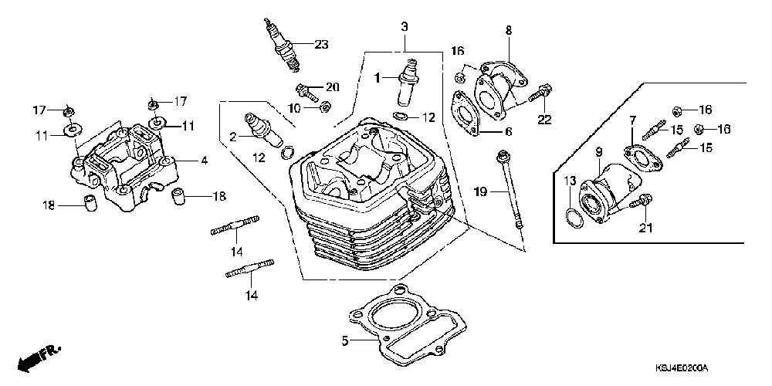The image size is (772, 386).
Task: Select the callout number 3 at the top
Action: [x=404, y=26]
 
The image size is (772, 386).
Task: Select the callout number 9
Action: [x=598, y=153]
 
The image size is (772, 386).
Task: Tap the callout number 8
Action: [x=508, y=30]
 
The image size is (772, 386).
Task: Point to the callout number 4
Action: [x=205, y=161]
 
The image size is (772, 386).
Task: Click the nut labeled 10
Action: [x=327, y=106]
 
